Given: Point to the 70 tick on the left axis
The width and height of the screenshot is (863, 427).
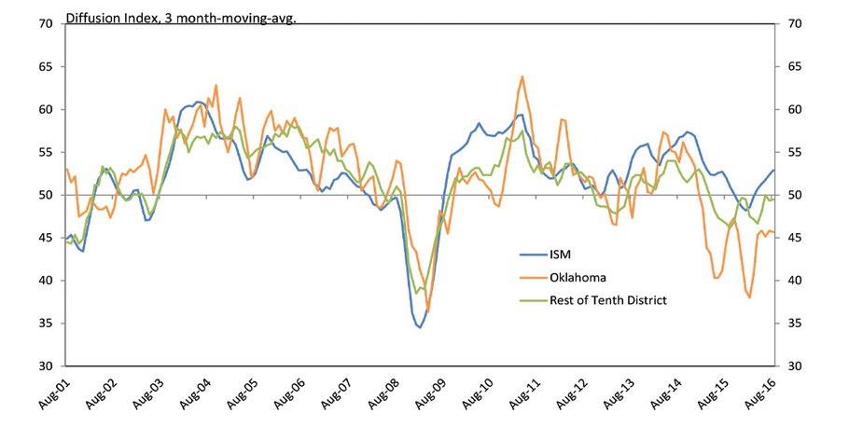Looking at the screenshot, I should tap(45, 23).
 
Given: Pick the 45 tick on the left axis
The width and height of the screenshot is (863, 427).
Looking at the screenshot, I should tap(45, 238).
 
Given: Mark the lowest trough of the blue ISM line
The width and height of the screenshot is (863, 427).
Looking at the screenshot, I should tap(420, 327).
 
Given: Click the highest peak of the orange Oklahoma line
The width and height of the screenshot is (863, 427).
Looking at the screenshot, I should tap(522, 76).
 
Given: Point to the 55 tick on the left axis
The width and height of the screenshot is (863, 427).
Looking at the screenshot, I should tap(45, 152).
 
